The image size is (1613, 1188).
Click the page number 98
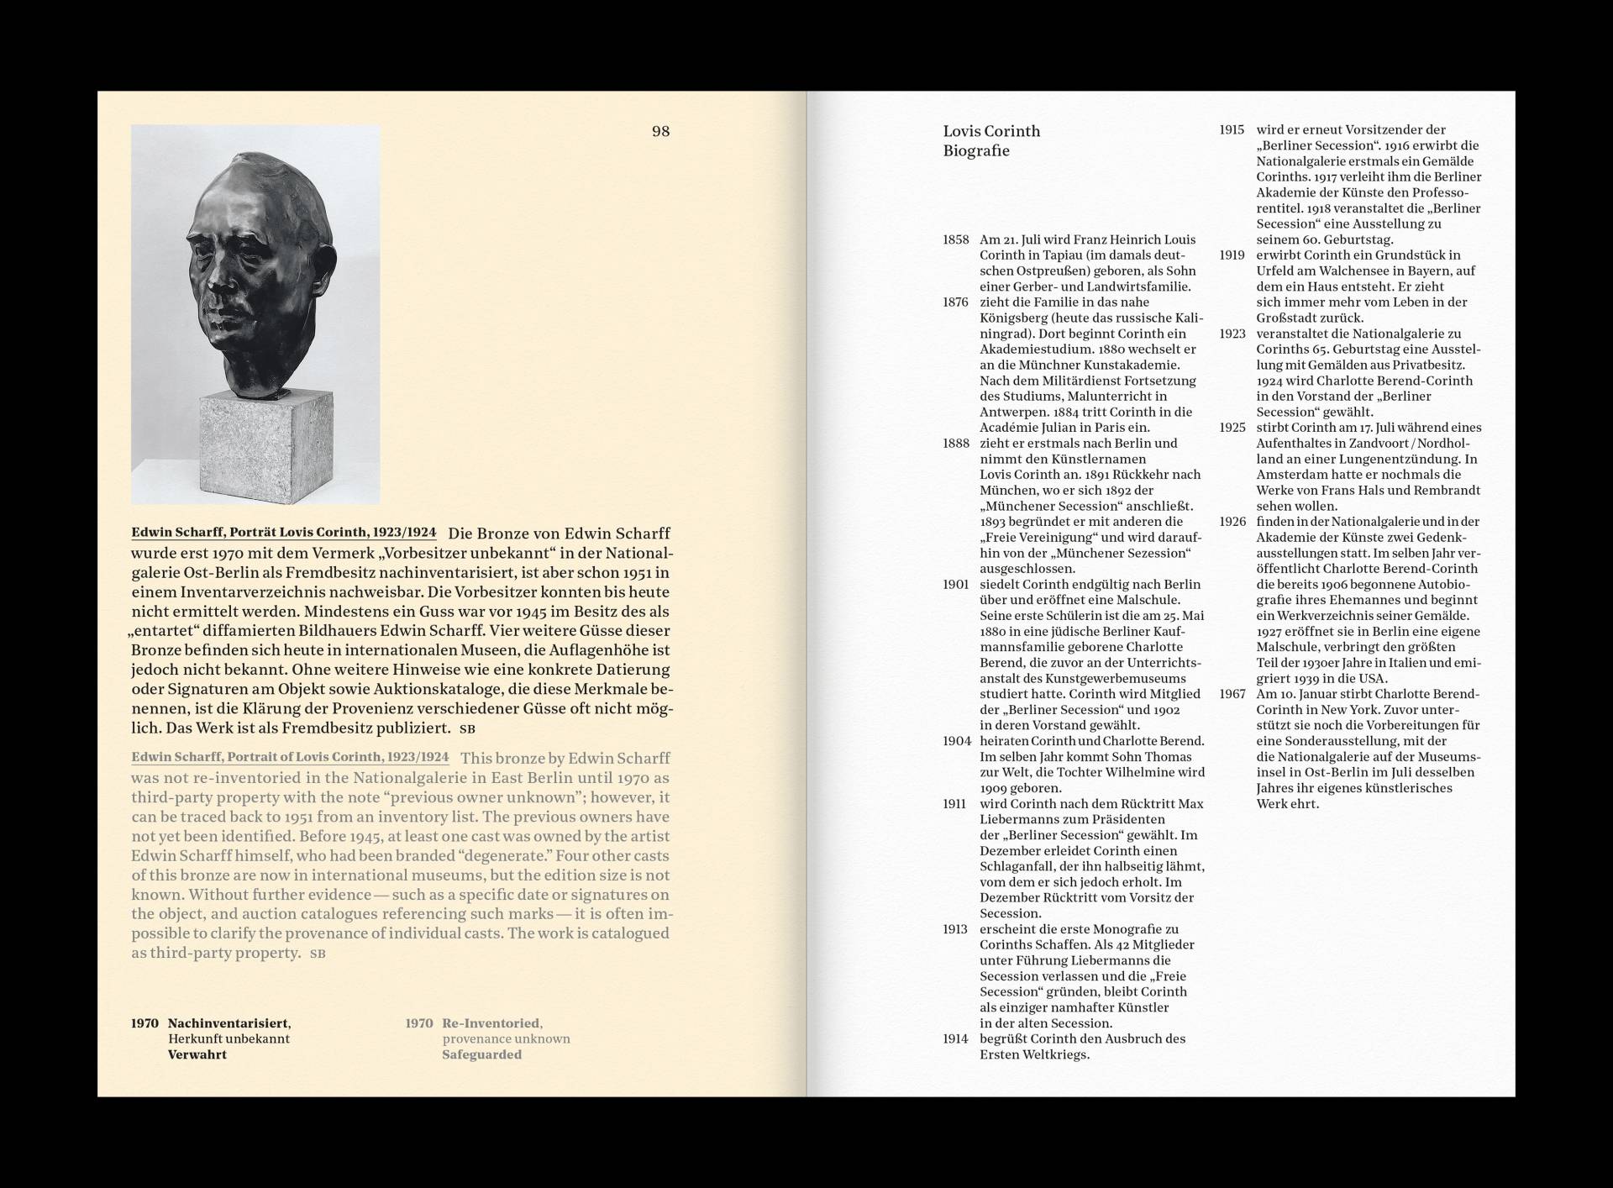click(660, 131)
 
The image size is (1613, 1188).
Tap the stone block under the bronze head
click(265, 445)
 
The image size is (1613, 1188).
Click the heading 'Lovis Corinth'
click(991, 131)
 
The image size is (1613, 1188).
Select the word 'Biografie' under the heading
click(976, 151)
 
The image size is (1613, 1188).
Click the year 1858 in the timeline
click(956, 239)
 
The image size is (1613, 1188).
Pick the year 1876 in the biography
click(956, 302)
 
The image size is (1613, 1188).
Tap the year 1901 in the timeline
click(956, 585)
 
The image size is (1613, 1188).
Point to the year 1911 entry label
click(955, 804)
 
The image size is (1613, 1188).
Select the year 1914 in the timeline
click(956, 1039)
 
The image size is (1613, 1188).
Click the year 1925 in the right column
click(1232, 428)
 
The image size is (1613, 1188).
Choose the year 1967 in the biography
click(1232, 694)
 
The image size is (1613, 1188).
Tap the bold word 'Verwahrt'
click(197, 1054)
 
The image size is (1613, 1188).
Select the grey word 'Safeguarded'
click(482, 1054)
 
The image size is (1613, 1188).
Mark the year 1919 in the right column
click(1232, 255)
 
